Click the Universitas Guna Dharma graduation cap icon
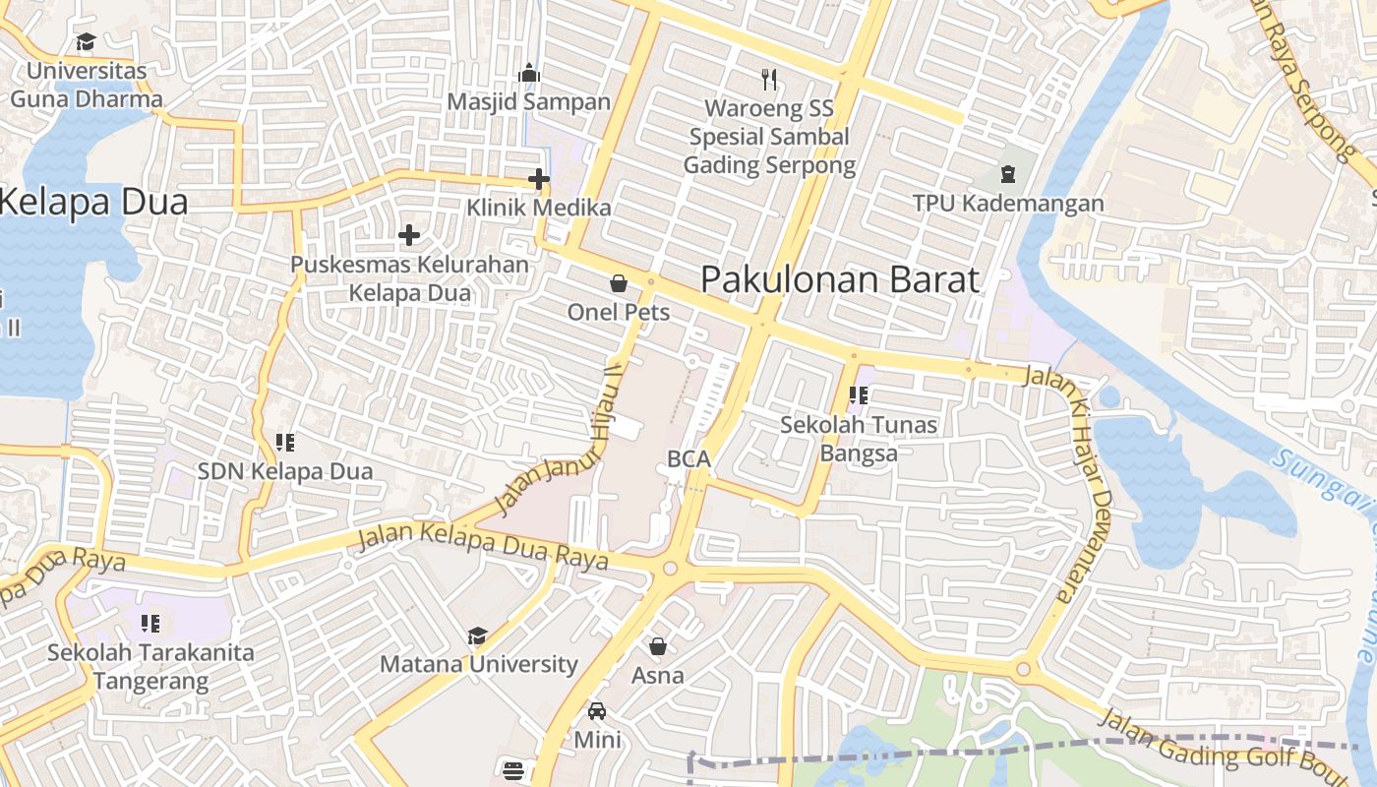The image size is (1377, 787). pyautogui.click(x=86, y=41)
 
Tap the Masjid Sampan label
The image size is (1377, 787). pyautogui.click(x=528, y=101)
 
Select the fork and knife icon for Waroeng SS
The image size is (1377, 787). pyautogui.click(x=769, y=79)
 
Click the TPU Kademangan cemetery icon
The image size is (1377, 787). pyautogui.click(x=1007, y=174)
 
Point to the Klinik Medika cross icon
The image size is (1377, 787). pyautogui.click(x=538, y=179)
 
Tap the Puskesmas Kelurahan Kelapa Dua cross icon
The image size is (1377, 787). pyautogui.click(x=409, y=235)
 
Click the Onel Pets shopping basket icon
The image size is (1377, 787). pyautogui.click(x=619, y=284)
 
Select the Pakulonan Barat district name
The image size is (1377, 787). pyautogui.click(x=840, y=279)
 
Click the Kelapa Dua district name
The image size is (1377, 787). pyautogui.click(x=93, y=202)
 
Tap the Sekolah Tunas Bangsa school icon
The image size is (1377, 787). pyautogui.click(x=859, y=395)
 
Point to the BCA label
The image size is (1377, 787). pyautogui.click(x=688, y=458)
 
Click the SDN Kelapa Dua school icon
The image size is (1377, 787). pyautogui.click(x=285, y=443)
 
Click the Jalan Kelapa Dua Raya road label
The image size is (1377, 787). pyautogui.click(x=482, y=546)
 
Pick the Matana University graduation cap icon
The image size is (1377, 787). pyautogui.click(x=478, y=636)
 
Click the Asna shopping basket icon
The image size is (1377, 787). pyautogui.click(x=657, y=646)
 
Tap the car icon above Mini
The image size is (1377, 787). pyautogui.click(x=597, y=710)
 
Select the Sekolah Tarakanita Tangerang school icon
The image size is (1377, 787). pyautogui.click(x=150, y=623)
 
